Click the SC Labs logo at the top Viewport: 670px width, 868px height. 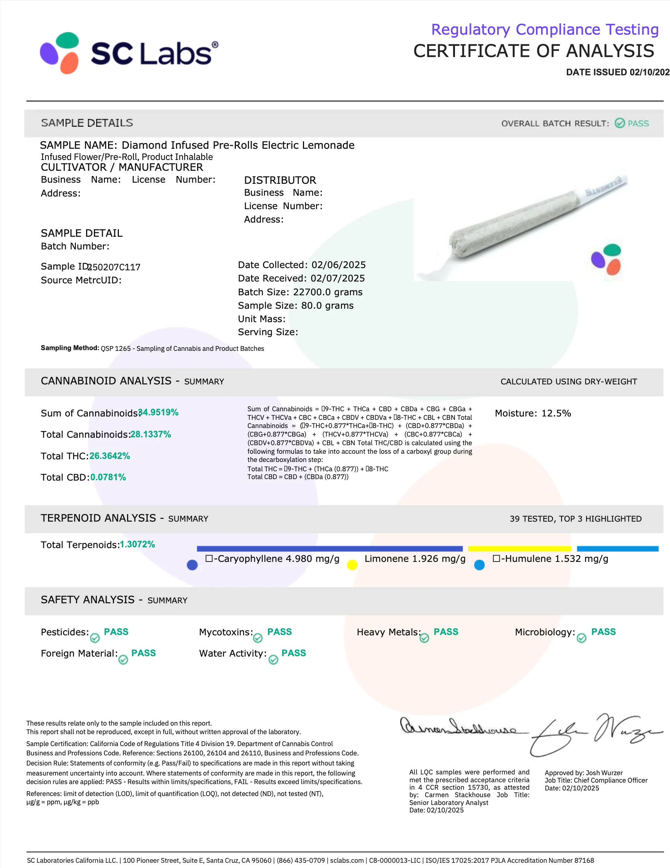129,53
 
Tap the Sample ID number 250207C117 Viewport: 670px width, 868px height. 114,267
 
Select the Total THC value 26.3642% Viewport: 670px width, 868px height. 110,456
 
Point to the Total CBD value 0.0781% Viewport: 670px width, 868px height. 108,477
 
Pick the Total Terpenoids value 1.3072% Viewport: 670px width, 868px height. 138,544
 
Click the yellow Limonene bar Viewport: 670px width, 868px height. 519,549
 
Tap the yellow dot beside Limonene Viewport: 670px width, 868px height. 352,565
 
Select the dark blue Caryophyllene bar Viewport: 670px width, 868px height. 330,549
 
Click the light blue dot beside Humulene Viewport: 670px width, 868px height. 479,565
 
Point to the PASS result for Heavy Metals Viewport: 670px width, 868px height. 446,632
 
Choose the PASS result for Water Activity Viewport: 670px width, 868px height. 294,653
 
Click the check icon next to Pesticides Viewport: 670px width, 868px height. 95,638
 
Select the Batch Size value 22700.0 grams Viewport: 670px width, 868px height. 328,292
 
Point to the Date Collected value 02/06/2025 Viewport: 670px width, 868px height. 338,265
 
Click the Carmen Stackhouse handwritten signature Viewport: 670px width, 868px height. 459,727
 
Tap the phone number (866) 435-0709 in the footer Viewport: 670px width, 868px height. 301,861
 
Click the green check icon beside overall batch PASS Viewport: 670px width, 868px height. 620,123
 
